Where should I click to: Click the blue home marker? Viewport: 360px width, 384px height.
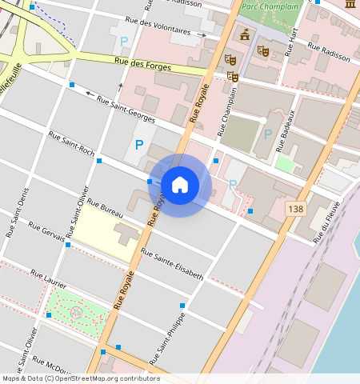tap(180, 185)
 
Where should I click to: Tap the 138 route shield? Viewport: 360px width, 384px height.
tap(294, 208)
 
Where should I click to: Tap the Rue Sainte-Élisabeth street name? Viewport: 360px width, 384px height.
tap(171, 264)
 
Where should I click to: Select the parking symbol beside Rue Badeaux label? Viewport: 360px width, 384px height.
tap(267, 133)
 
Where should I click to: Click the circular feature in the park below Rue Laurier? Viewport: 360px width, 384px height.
tap(76, 311)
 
